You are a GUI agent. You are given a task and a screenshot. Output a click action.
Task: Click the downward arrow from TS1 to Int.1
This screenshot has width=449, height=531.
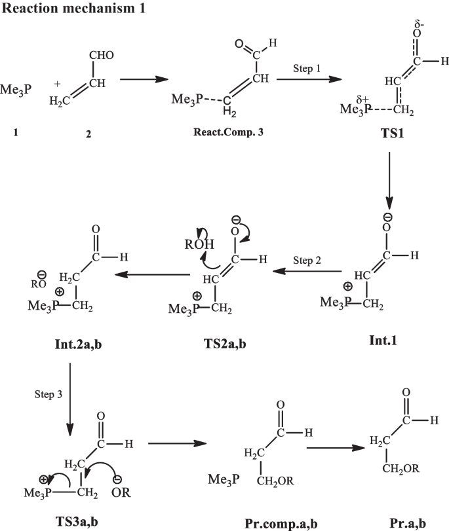pos(391,179)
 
